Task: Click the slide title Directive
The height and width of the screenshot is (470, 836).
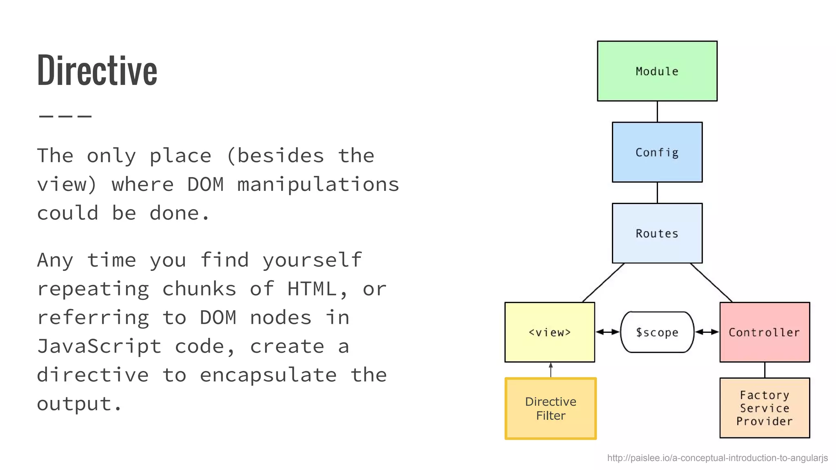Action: [97, 70]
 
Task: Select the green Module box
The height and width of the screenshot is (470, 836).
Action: [657, 71]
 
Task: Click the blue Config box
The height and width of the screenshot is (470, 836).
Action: [657, 152]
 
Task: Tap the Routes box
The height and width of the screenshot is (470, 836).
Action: [657, 233]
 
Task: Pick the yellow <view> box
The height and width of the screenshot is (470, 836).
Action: [549, 332]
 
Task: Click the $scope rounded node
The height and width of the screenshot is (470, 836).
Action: [657, 332]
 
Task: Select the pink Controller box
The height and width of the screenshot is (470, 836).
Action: [764, 332]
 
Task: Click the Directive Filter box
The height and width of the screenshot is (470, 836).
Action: [550, 408]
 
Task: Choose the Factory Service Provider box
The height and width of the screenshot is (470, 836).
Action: [764, 408]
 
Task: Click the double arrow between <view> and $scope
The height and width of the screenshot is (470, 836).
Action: [607, 332]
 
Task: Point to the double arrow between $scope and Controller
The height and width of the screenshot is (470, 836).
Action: [707, 332]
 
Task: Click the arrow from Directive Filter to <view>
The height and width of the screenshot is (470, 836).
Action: [551, 370]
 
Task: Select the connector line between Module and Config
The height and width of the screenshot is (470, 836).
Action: [657, 111]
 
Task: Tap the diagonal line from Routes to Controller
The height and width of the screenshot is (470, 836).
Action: [711, 282]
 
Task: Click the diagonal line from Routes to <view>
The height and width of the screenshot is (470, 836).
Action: [603, 282]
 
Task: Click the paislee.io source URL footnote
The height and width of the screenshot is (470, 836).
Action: [717, 458]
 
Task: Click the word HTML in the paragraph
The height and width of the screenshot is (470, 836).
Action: [312, 289]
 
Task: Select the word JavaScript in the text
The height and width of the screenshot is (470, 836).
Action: [99, 346]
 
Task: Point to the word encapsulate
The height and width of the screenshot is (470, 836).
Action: [268, 375]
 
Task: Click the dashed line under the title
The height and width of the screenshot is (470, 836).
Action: [65, 116]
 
